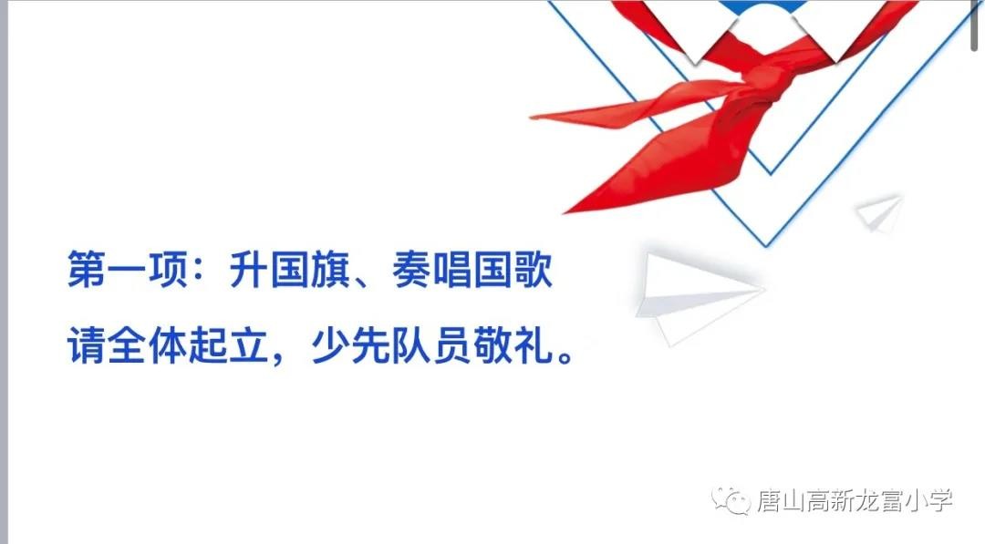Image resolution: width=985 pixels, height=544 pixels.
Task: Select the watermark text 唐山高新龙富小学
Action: pos(854,500)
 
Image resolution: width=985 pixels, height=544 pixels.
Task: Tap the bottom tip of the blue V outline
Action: pos(767,243)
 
